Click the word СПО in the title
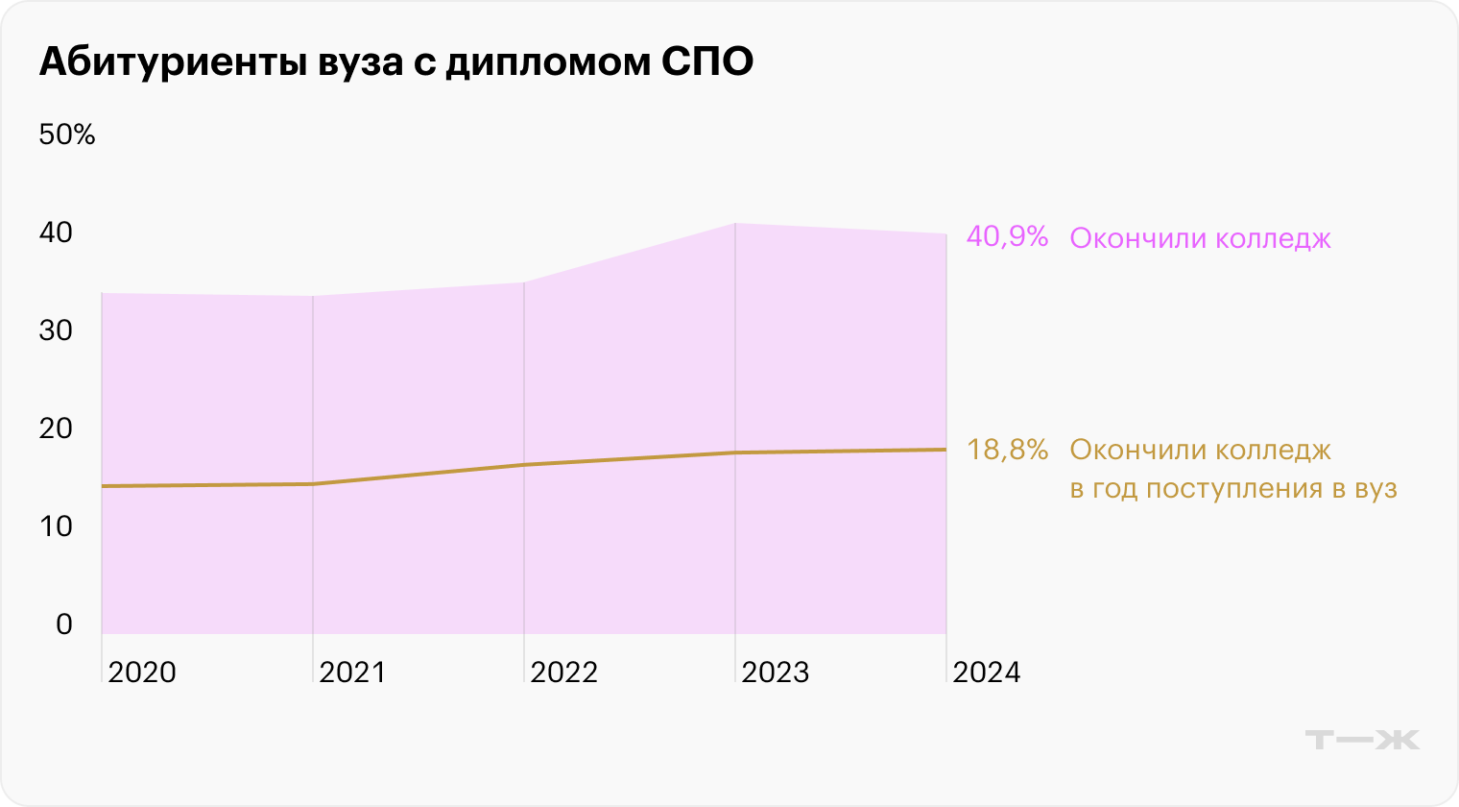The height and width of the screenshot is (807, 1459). tap(706, 61)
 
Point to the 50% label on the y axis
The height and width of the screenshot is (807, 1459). tap(67, 135)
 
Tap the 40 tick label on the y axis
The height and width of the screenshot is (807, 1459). tap(56, 232)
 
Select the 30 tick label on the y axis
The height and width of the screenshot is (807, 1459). tap(56, 330)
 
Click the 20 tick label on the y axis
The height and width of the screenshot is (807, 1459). tap(56, 428)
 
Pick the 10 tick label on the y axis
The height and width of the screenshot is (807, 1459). tap(56, 526)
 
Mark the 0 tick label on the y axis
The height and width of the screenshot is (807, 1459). tap(64, 624)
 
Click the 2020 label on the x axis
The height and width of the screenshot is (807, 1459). tap(142, 672)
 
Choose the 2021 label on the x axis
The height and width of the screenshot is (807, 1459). tap(352, 672)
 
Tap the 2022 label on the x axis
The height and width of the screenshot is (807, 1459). tap(563, 672)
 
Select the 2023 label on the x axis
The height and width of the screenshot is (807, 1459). tap(775, 672)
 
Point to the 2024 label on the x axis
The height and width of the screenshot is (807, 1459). tap(986, 672)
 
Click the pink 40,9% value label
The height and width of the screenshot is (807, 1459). tap(1007, 237)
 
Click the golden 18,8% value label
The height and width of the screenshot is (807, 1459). tap(1007, 450)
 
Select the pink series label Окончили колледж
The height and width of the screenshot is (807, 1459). tap(1200, 238)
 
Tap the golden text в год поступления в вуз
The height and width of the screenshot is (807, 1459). tap(1232, 489)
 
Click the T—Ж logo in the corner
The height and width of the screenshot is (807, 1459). tap(1362, 740)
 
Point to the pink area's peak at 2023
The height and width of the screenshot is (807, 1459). tap(735, 224)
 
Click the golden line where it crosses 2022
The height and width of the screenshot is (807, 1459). tap(524, 465)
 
